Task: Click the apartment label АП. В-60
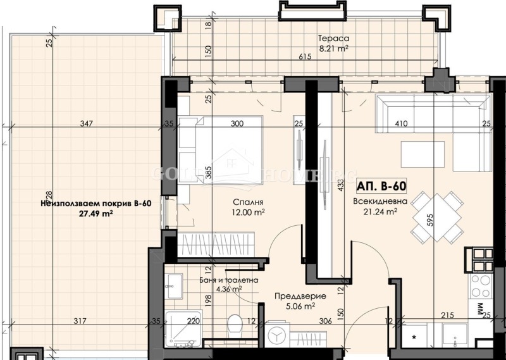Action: pos(381,187)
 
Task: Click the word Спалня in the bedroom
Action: pos(243,202)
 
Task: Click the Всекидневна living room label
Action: pos(375,202)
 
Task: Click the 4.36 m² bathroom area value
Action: pos(229,290)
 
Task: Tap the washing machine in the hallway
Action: pos(278,335)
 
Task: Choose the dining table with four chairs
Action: pos(436,217)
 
